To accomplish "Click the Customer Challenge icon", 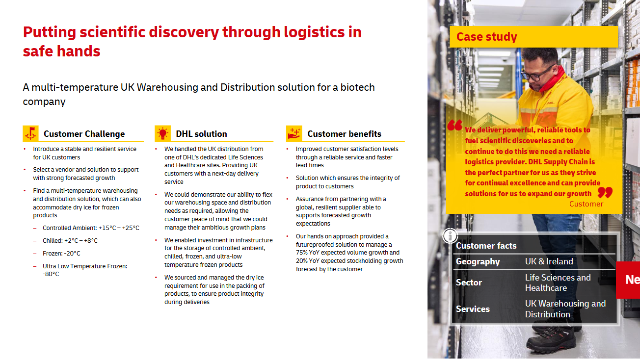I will (30, 133).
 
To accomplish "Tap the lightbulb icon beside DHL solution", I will (162, 133).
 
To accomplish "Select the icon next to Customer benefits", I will (294, 133).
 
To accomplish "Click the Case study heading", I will (486, 37).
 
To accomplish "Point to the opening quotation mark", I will (455, 125).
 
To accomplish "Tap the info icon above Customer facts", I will (450, 235).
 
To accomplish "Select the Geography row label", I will (478, 261).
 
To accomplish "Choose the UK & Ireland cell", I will (549, 261).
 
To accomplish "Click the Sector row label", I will (469, 283).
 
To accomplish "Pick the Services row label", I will (473, 309).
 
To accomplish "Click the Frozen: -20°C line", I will (61, 254).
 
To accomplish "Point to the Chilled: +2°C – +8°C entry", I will (70, 241).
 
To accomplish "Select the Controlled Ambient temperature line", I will (91, 228).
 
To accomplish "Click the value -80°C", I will (51, 274).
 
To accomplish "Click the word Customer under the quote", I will (586, 204).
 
